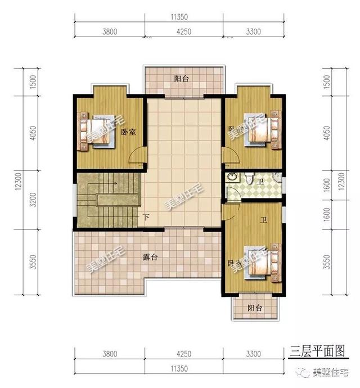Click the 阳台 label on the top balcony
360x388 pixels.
tap(181, 79)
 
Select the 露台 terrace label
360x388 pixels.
tap(150, 258)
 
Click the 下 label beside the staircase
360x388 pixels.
tap(146, 217)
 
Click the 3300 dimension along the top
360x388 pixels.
tap(253, 32)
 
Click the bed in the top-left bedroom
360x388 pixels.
tap(97, 132)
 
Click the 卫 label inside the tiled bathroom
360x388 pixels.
tap(260, 182)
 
